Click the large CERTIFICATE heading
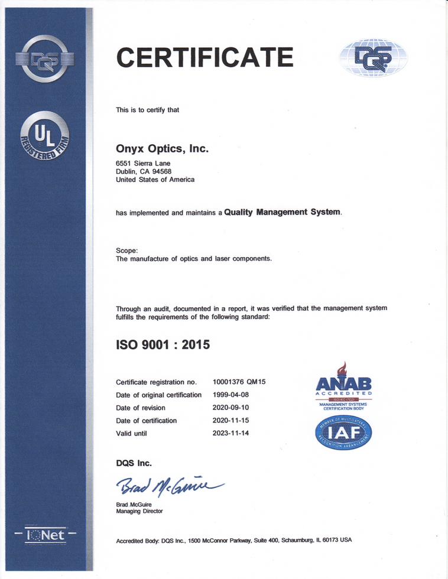(x=204, y=57)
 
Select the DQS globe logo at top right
(x=373, y=57)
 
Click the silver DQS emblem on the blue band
(x=44, y=58)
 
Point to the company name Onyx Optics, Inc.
(x=163, y=149)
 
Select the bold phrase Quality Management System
(x=283, y=212)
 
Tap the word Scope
(x=126, y=251)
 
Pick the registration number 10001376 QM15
(x=239, y=382)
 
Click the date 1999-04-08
(x=231, y=395)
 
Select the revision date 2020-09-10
(x=231, y=408)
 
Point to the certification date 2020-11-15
(x=231, y=421)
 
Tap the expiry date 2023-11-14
(x=231, y=434)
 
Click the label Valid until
(x=131, y=434)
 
